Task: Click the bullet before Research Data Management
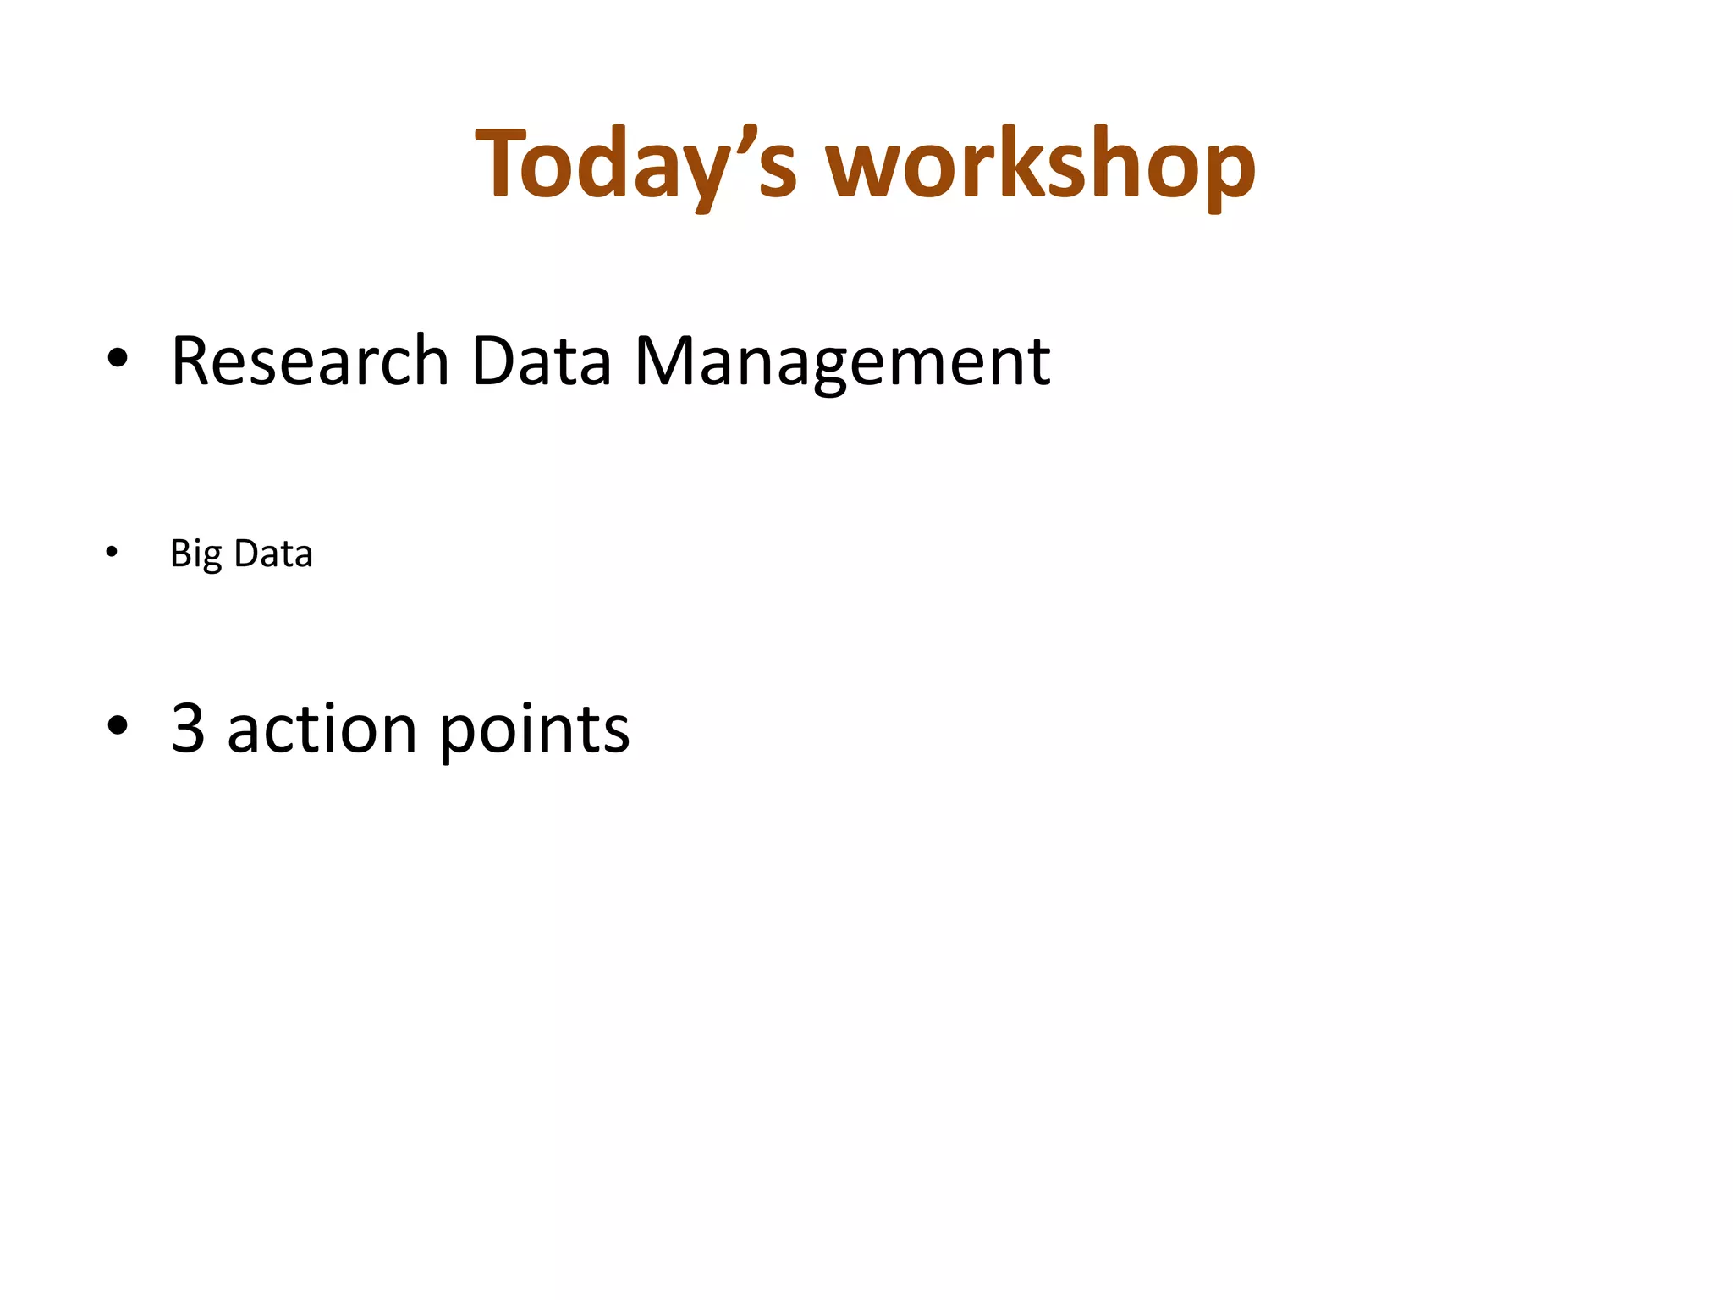pos(118,359)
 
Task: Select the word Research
pos(310,361)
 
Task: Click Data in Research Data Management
pos(541,361)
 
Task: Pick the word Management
pos(842,361)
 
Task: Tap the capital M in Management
pos(663,361)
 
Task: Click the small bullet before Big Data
pos(112,554)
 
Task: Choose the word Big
pos(195,554)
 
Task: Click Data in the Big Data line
pos(273,554)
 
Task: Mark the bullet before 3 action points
pos(118,726)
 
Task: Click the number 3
pos(188,728)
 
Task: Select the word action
pos(322,730)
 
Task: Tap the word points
pos(535,730)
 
